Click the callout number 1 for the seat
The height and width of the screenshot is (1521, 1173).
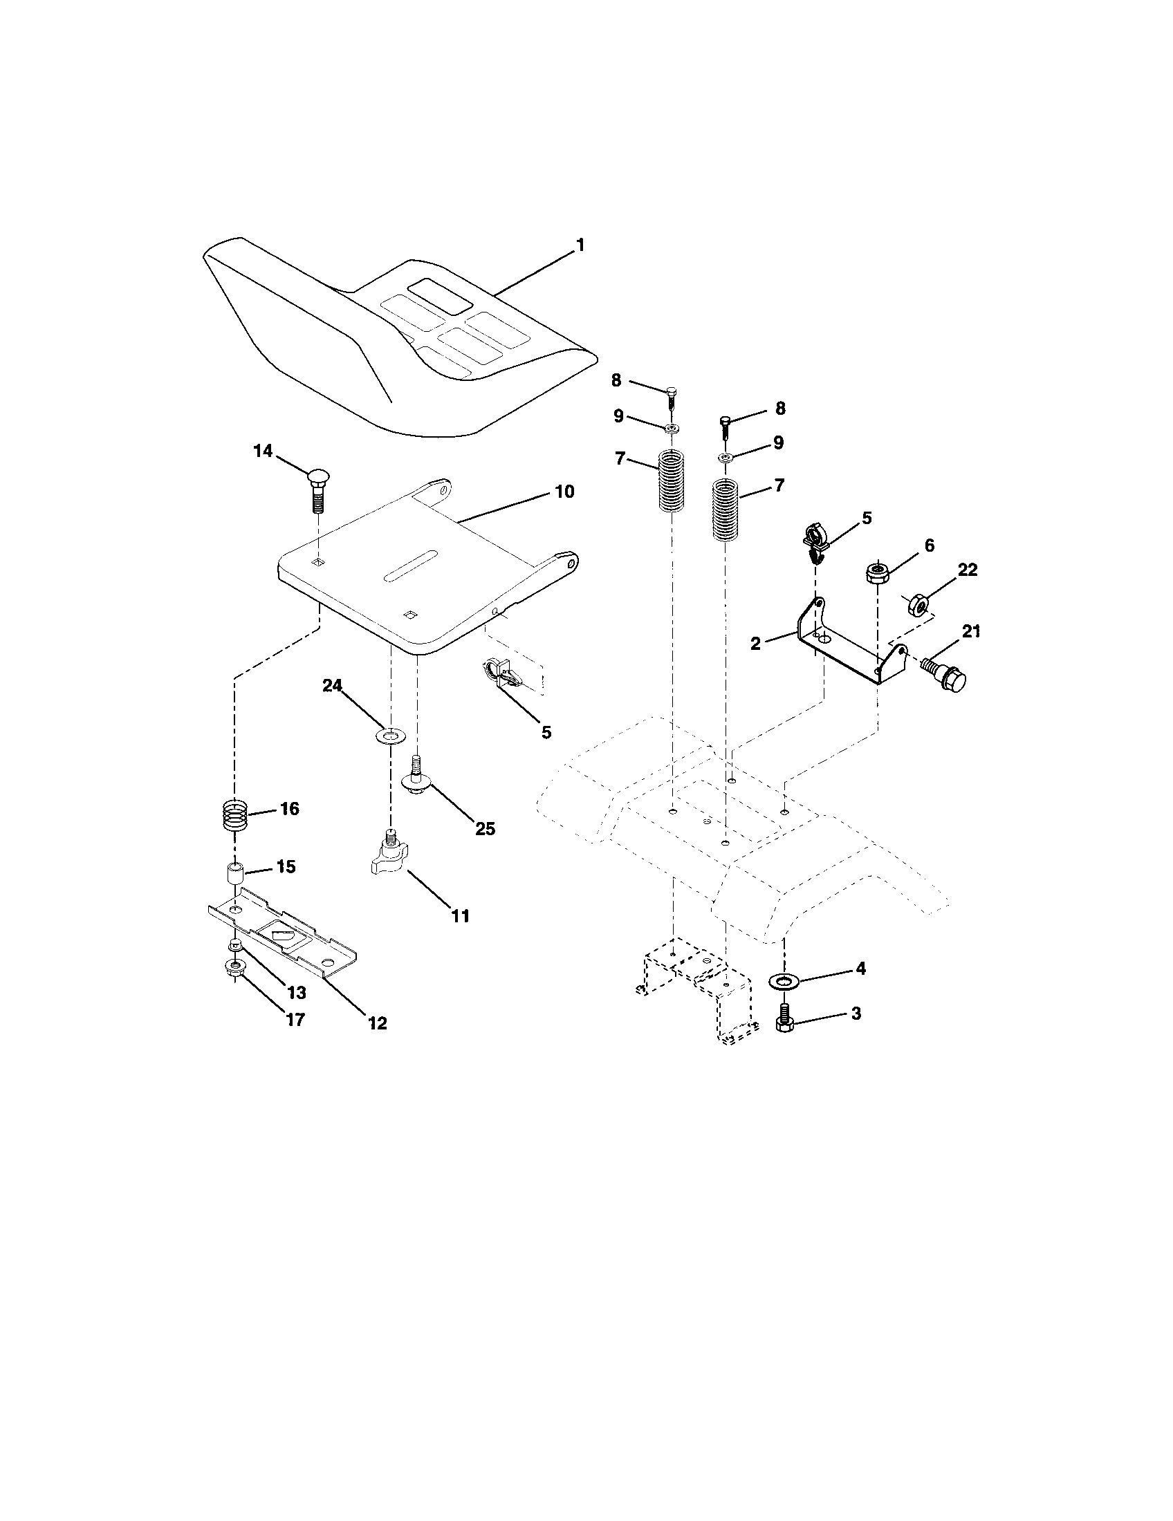[580, 245]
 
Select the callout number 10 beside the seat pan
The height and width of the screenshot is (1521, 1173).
[564, 492]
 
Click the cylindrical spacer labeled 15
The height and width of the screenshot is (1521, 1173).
[234, 873]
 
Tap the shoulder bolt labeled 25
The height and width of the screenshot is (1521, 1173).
[416, 777]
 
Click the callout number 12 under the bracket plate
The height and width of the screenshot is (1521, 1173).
[377, 1023]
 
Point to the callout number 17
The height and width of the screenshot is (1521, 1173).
[295, 1020]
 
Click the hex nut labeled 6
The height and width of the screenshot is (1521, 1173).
[876, 573]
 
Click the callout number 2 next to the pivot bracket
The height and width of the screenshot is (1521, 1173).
[756, 644]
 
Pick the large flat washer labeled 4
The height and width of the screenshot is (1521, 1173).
[784, 981]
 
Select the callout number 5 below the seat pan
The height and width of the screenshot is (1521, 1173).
[546, 732]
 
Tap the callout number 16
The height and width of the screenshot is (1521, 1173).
[290, 809]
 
